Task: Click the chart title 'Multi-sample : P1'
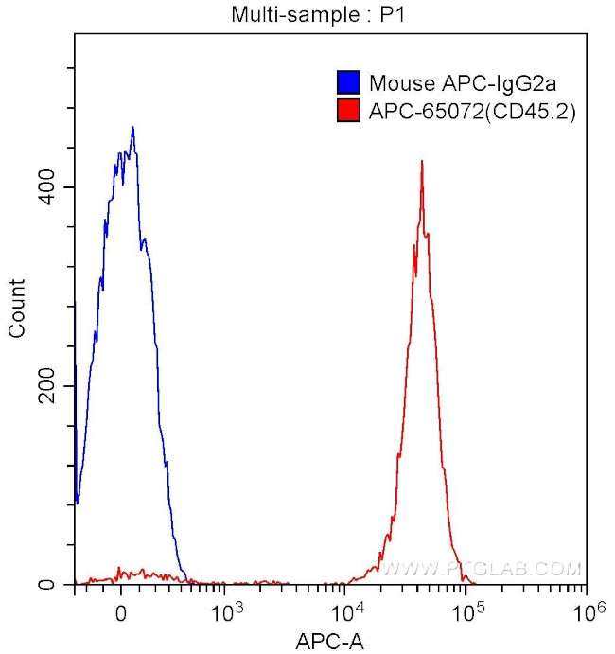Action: click(307, 15)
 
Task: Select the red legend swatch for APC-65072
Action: click(349, 113)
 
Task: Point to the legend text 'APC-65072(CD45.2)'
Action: click(472, 113)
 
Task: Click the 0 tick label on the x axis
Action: click(120, 610)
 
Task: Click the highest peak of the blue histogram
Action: click(132, 128)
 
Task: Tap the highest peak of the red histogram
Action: click(421, 161)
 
